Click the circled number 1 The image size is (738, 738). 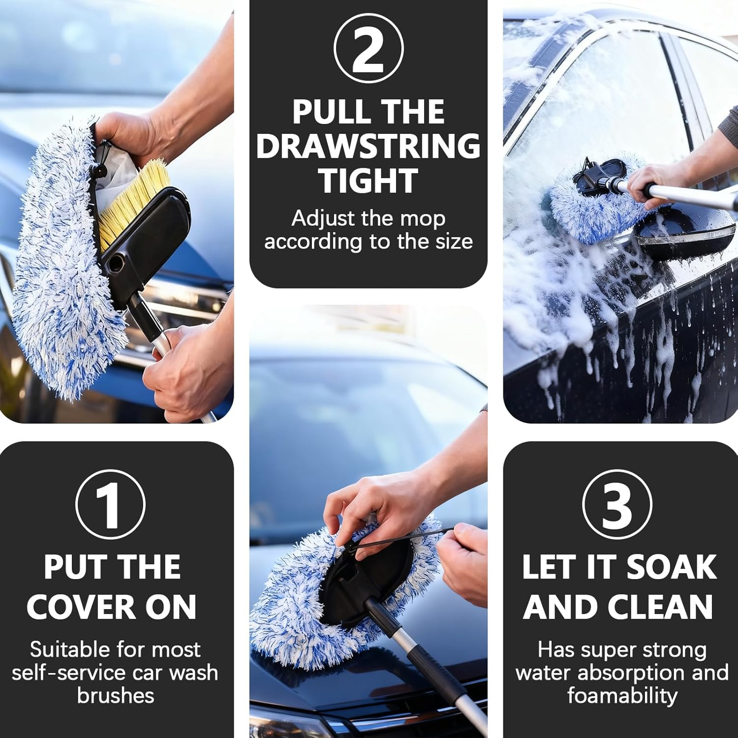coord(110,504)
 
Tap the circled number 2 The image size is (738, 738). coord(368,48)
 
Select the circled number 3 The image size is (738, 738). coord(617,504)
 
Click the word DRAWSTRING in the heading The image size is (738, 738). coord(368,146)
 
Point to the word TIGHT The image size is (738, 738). coord(368,181)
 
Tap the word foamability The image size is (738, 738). coord(622,696)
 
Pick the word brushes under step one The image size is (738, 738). coord(116,696)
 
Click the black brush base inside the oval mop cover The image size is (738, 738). coord(364,576)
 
